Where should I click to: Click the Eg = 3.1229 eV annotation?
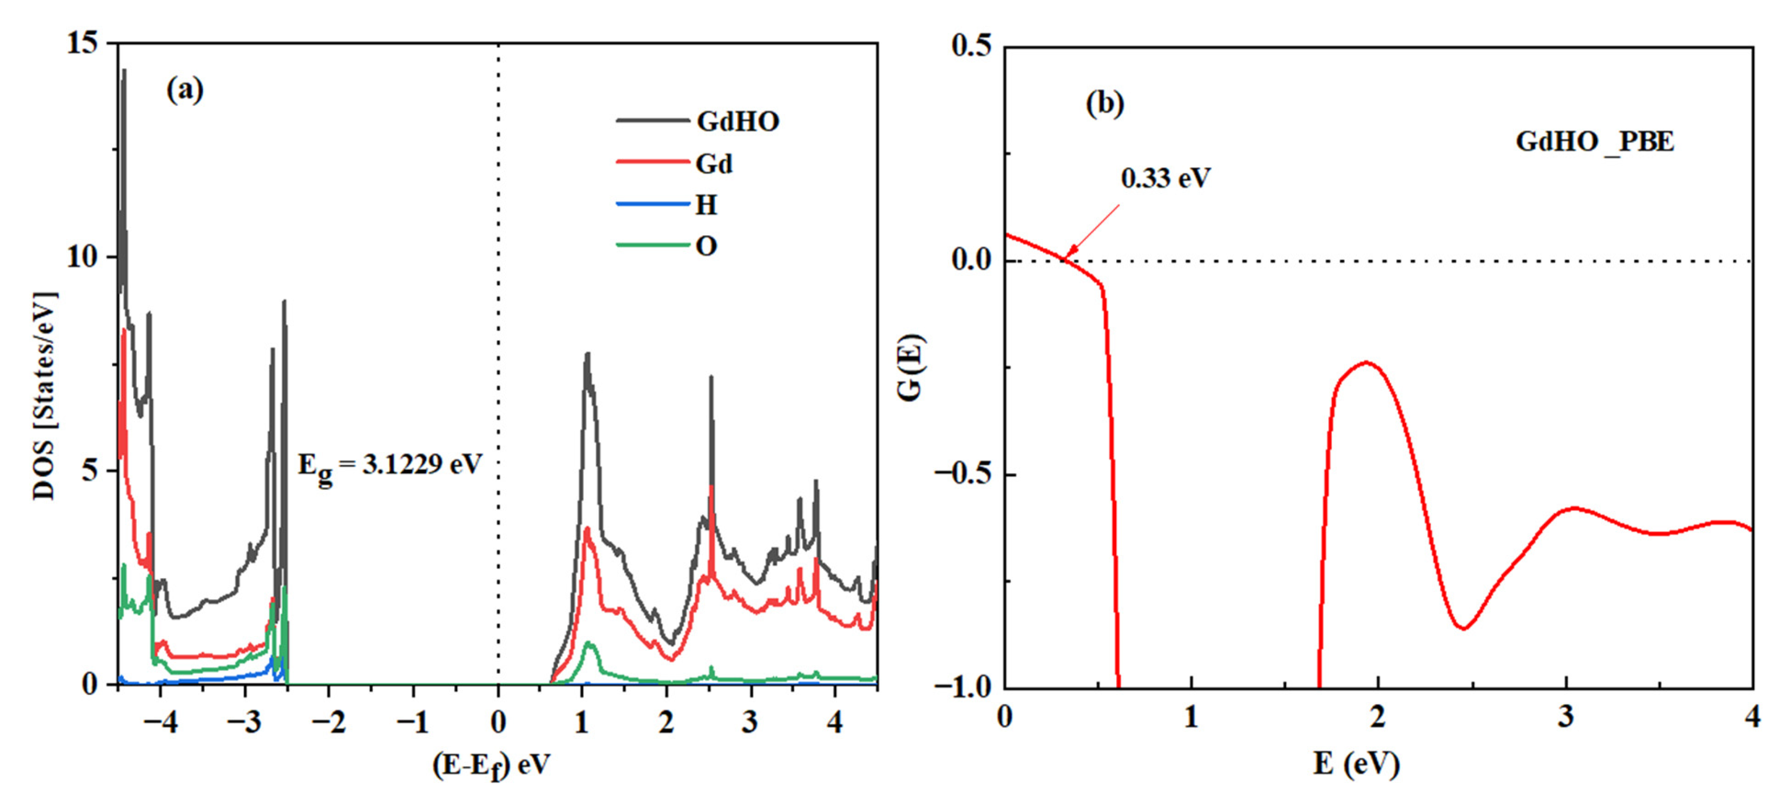click(389, 465)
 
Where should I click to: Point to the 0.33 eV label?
click(1165, 178)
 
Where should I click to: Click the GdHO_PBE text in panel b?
click(1594, 141)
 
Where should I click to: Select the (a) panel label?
click(185, 90)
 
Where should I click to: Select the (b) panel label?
click(1104, 104)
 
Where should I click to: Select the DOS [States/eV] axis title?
click(45, 396)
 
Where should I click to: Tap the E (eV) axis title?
click(1356, 763)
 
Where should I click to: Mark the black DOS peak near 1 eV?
click(588, 354)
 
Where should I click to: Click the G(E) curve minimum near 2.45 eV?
click(1463, 628)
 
